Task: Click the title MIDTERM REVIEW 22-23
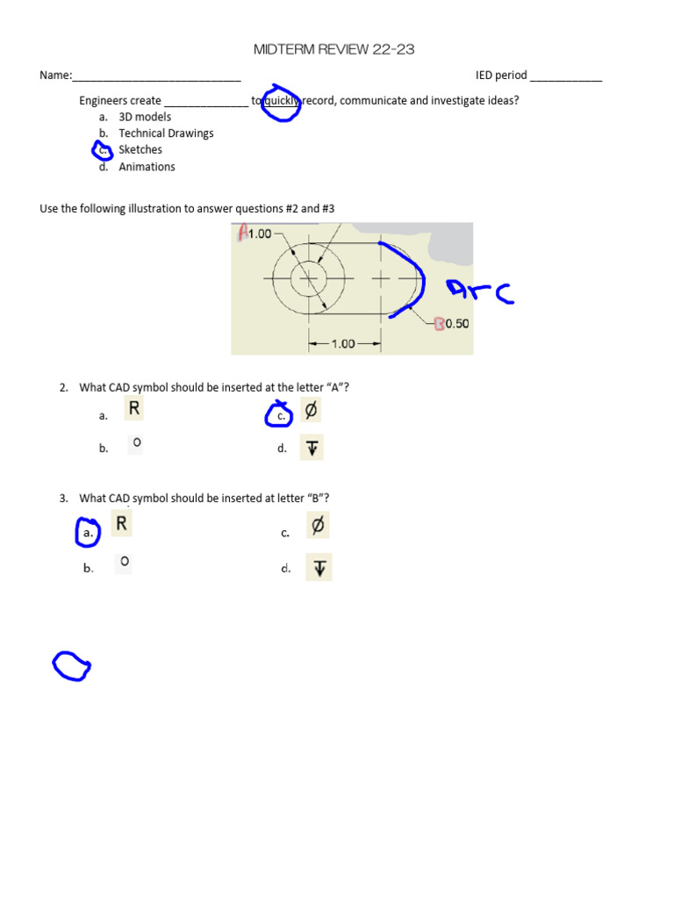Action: tap(333, 50)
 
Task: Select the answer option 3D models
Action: tap(145, 117)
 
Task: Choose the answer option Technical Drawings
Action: tap(166, 133)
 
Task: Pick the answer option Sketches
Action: tap(140, 150)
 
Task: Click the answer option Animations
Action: tap(147, 167)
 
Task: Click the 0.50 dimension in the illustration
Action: tap(456, 323)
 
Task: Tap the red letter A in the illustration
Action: tap(242, 233)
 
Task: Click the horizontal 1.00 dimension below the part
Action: tap(342, 344)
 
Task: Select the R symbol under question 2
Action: tap(134, 408)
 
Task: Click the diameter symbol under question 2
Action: tap(311, 410)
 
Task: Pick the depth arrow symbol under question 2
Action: tap(311, 449)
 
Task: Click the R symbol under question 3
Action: tap(122, 524)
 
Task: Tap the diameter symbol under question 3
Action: tap(319, 525)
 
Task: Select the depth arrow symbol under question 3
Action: tap(319, 568)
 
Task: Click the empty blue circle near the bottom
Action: tap(71, 666)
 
